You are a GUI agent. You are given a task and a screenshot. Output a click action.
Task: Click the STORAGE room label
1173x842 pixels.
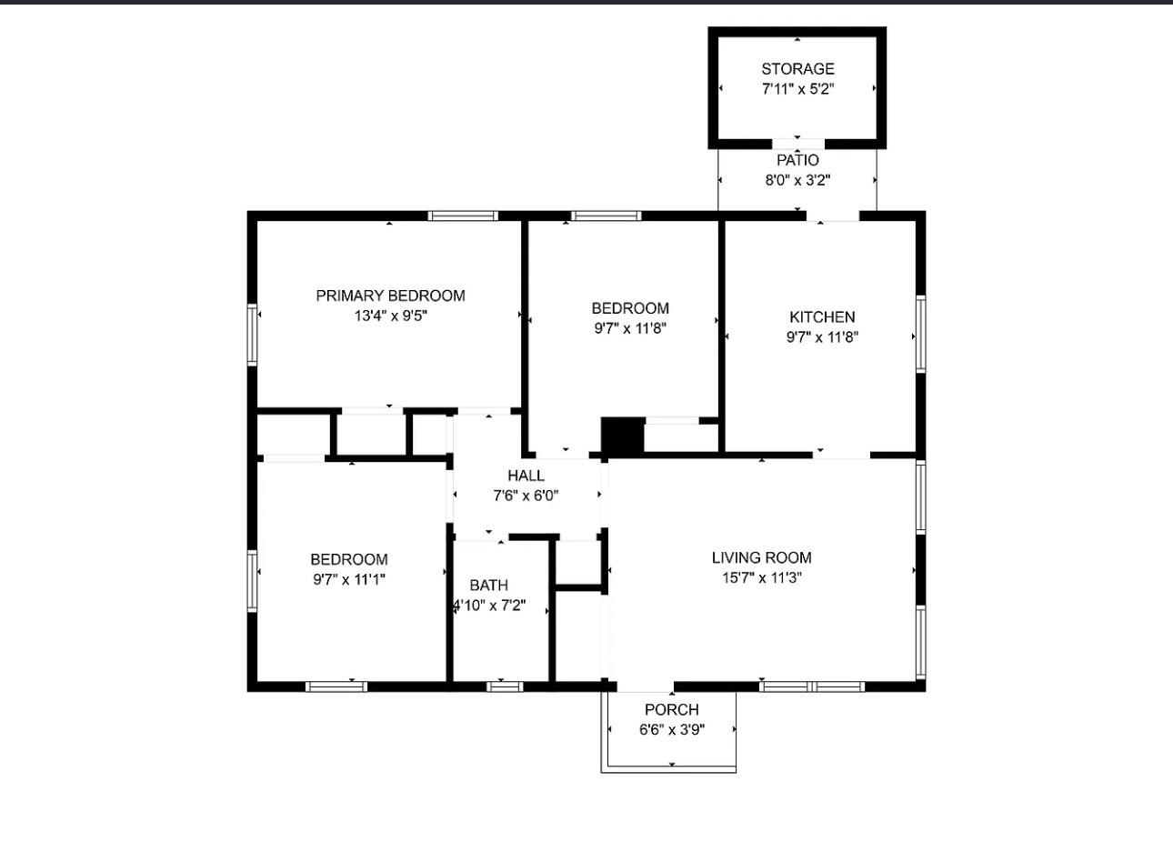click(797, 69)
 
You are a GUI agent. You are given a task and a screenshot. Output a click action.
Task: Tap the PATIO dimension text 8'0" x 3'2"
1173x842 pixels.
click(797, 180)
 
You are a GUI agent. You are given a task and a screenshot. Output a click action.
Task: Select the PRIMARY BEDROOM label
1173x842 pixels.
click(390, 296)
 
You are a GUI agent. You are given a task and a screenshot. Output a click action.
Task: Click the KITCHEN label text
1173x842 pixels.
click(822, 317)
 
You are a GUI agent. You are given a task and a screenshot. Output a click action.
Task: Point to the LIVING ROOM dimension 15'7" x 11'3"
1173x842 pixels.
click(761, 577)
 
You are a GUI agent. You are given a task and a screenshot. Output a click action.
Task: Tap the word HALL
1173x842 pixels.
click(526, 476)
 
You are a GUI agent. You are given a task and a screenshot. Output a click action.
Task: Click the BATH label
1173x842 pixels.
click(488, 586)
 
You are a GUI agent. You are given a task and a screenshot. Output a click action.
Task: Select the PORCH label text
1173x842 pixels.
click(671, 709)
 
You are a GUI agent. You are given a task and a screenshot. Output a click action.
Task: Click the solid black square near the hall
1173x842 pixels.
click(623, 436)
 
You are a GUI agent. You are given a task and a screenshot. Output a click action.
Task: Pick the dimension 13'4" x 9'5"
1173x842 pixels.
click(390, 316)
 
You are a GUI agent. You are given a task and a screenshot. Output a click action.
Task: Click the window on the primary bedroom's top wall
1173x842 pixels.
click(463, 216)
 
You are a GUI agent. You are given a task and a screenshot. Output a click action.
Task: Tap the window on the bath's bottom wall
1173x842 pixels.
click(504, 686)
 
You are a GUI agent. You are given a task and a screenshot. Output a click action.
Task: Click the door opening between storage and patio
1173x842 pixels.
click(797, 144)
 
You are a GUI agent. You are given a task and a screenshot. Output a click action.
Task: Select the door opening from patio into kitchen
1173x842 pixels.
click(833, 216)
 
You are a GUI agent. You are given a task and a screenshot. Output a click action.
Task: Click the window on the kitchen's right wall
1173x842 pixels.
click(920, 334)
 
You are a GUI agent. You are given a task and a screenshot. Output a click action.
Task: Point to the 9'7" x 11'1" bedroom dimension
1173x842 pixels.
click(349, 579)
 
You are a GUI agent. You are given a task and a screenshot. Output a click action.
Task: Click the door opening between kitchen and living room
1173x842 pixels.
click(841, 454)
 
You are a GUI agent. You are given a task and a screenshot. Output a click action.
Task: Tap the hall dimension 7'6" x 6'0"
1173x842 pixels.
click(526, 496)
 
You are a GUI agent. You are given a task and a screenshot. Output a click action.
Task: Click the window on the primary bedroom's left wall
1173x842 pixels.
click(253, 335)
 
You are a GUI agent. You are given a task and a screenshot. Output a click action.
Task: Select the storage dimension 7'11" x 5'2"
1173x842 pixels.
click(797, 89)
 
